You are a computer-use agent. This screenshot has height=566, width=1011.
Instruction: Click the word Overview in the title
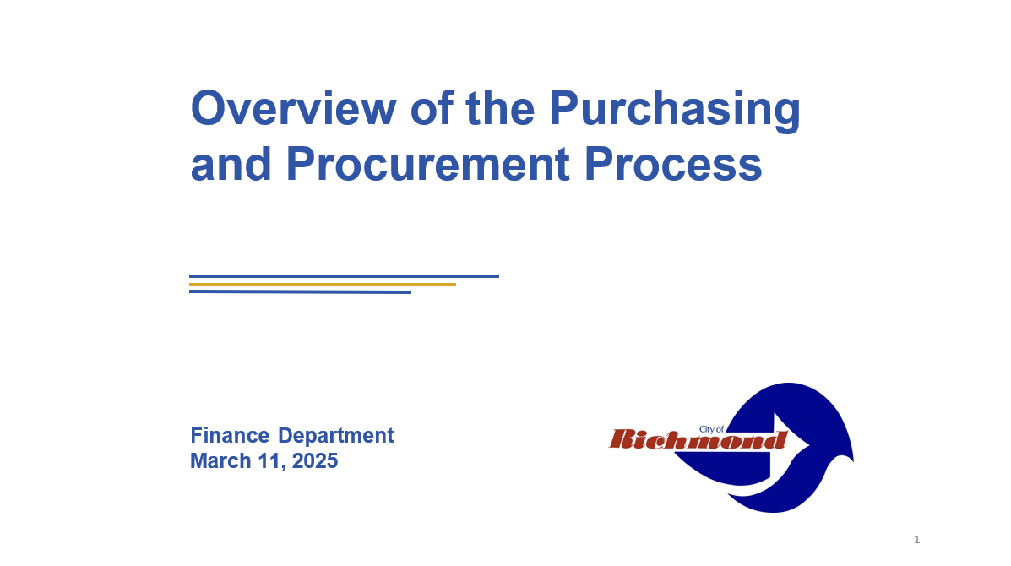coord(293,107)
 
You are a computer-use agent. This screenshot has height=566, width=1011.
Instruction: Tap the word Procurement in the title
coord(427,164)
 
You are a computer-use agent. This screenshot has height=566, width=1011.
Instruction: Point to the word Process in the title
coord(673,164)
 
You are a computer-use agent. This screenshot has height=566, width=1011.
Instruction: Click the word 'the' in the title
coord(500,107)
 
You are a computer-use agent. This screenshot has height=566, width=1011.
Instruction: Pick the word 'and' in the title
coord(231,164)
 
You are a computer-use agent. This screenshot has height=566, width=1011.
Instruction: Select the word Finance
coord(230,435)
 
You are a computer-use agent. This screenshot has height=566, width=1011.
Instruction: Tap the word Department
coord(336,437)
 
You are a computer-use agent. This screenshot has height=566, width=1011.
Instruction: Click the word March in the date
coord(220,461)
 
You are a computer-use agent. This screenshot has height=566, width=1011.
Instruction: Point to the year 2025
coord(315,461)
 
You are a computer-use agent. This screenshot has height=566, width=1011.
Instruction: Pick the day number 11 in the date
coord(270,461)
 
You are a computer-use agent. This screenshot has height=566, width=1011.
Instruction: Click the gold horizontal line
coord(323,285)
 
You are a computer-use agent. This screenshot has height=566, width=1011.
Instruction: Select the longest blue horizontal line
coord(344,276)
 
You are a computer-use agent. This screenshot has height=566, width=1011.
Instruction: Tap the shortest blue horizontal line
coord(300,292)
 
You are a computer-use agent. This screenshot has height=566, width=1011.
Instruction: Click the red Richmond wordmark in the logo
coord(698,439)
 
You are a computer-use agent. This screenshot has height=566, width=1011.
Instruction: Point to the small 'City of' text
coord(711,429)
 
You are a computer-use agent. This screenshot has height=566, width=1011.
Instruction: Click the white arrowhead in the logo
coord(791,442)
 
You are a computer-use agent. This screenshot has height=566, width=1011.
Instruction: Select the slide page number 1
coord(917,540)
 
